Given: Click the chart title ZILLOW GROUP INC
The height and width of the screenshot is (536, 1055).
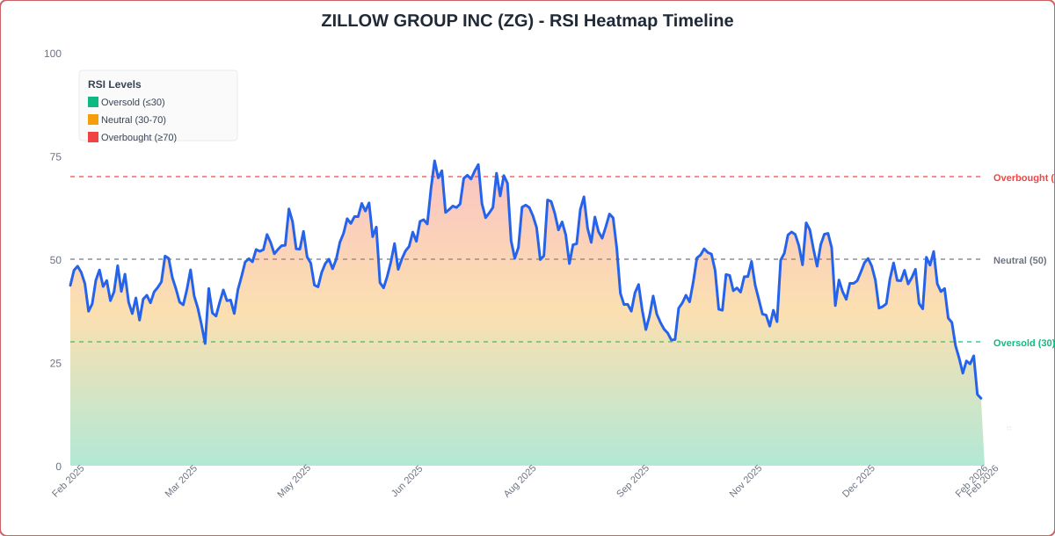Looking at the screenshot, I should coord(527,20).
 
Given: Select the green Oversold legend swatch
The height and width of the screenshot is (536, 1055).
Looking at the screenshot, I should coord(93,102).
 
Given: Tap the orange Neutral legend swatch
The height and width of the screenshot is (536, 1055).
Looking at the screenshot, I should coord(93,120).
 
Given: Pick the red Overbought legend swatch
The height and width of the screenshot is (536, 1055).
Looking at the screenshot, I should coord(93,137).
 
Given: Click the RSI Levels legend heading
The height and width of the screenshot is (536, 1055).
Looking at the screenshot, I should coord(114,84).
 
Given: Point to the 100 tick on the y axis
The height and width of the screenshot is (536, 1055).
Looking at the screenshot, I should coord(53,54).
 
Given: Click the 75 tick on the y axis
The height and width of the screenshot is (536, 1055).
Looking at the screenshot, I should coord(55,157).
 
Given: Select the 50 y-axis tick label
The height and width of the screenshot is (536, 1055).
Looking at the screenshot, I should coord(55,260).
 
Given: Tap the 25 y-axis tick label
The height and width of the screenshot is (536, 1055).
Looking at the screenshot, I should coord(55,364).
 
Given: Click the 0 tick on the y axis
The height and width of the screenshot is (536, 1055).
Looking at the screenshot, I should coord(58,467).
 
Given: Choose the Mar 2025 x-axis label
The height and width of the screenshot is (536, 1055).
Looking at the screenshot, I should coord(181,481).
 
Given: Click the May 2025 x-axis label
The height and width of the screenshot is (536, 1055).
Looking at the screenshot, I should coord(294,481).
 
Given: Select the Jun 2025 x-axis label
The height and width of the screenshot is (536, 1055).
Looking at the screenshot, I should coord(407,481).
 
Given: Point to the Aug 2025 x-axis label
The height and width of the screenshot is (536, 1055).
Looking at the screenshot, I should coord(520,481).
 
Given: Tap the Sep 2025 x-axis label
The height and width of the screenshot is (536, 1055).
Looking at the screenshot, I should coord(632,481).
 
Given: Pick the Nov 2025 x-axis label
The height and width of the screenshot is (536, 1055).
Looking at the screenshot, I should coord(746,481).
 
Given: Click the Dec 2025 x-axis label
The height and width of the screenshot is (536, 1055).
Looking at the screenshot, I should coord(858,481).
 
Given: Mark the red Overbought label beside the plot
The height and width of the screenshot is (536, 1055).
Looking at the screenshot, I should coord(1022,177).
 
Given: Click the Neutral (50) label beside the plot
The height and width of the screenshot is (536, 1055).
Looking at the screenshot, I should coord(1020,260).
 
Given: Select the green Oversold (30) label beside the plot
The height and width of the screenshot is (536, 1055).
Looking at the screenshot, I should coord(1023,343).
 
